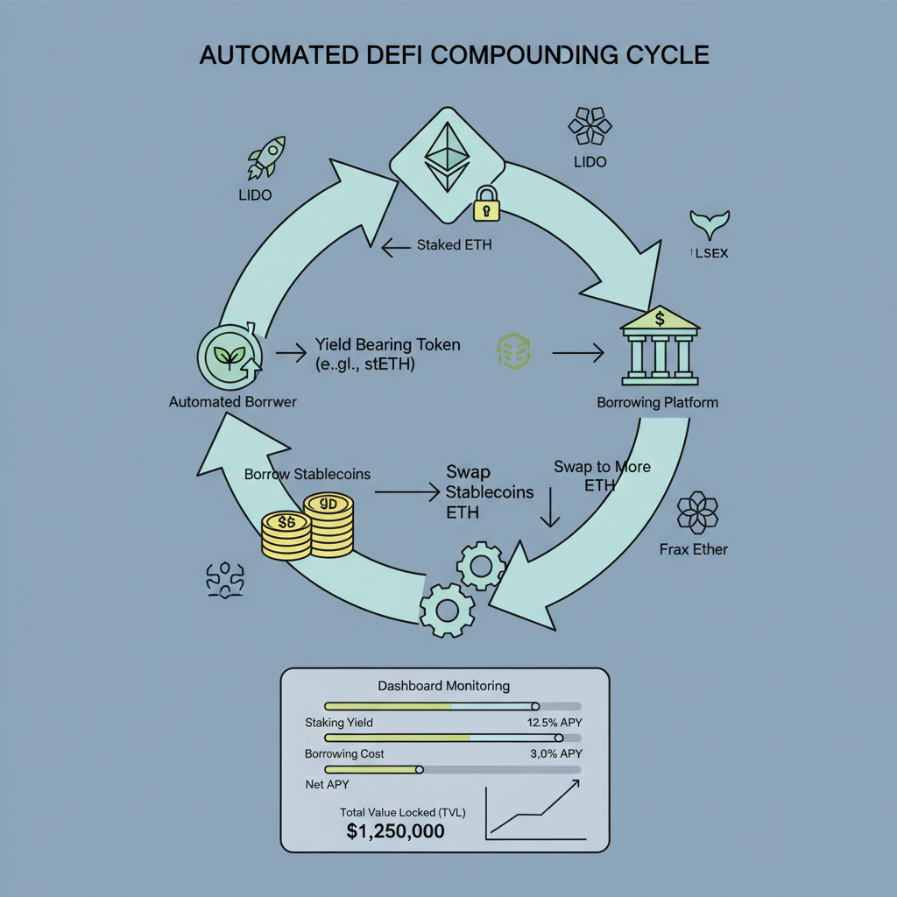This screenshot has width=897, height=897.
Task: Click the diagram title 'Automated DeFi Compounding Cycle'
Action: pyautogui.click(x=455, y=54)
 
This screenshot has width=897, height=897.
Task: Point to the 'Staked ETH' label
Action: pyautogui.click(x=454, y=245)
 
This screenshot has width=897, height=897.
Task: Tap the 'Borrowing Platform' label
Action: pyautogui.click(x=657, y=403)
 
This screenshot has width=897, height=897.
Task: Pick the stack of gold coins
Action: pyautogui.click(x=308, y=526)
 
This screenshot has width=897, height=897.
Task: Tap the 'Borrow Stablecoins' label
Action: pyautogui.click(x=307, y=474)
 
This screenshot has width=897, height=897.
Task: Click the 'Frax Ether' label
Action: pyautogui.click(x=693, y=550)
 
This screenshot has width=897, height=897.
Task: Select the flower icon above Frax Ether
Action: pyautogui.click(x=698, y=512)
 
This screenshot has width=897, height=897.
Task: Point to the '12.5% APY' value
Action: pyautogui.click(x=554, y=723)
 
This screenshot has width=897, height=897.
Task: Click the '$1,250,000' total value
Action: pyautogui.click(x=395, y=831)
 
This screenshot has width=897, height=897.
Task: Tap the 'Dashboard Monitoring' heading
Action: pyautogui.click(x=443, y=686)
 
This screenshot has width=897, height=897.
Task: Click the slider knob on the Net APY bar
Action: pyautogui.click(x=419, y=770)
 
